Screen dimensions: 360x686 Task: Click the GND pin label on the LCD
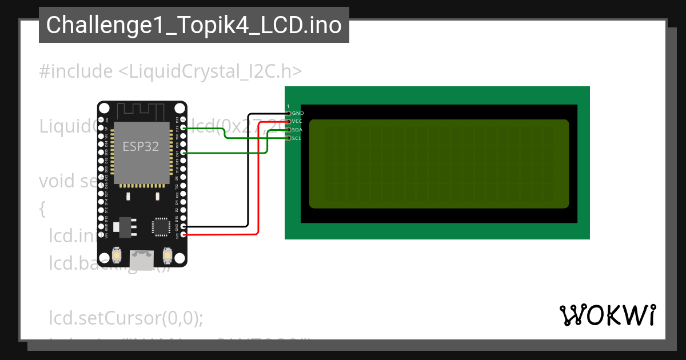coord(297,113)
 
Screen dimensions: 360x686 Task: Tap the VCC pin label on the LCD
coord(297,121)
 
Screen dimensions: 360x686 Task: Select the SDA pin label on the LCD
coord(297,130)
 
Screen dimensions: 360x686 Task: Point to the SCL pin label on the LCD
coord(297,138)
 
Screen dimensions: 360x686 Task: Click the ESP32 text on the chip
coord(141,146)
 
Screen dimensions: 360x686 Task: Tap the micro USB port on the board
coord(142,260)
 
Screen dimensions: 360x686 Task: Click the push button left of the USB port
coord(117,255)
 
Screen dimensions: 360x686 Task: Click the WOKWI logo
coord(607,315)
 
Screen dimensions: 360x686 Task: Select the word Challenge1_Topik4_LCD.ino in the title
coord(194,25)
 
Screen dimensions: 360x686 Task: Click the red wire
coord(259,183)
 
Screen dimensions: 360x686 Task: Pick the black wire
coord(248,171)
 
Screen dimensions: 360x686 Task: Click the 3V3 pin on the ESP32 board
coord(183,234)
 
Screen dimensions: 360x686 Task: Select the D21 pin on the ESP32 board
coord(183,153)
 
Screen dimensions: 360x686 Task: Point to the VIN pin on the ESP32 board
coord(101,234)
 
